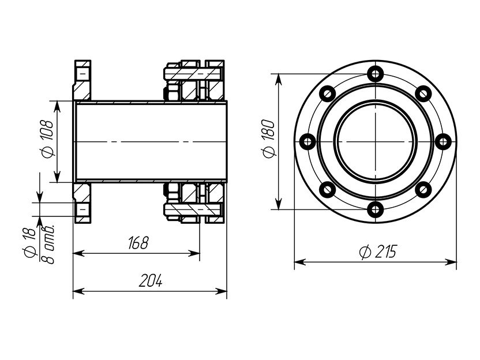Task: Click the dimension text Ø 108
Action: tap(47, 138)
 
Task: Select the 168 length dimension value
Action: tap(138, 243)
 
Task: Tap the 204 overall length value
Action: tap(151, 280)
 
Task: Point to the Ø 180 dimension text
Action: tap(269, 138)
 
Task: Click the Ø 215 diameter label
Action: tap(378, 252)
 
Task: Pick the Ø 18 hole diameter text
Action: tap(29, 243)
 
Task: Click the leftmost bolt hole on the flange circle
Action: tap(307, 142)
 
